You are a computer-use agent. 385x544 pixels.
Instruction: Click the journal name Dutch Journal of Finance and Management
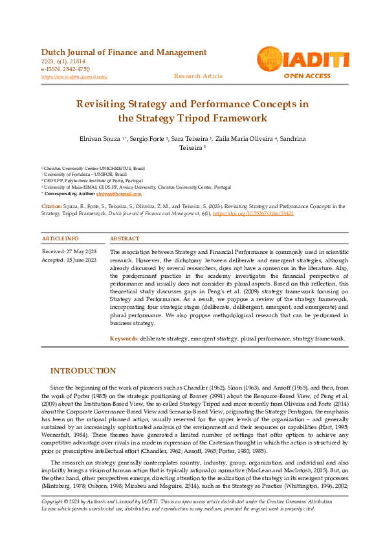coord(124,52)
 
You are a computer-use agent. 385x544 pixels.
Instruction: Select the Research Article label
coord(198,76)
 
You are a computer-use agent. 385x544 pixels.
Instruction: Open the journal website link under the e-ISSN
coord(74,76)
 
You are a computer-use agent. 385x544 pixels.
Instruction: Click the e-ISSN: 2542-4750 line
coord(65,69)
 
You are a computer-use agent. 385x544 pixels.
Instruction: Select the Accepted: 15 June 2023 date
coord(69,260)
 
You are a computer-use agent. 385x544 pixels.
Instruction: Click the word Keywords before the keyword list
coord(124,339)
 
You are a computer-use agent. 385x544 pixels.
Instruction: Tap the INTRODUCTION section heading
coord(83,371)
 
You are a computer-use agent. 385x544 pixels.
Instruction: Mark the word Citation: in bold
coord(52,205)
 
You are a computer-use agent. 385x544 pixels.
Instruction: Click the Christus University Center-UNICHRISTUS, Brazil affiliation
coord(94,167)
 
